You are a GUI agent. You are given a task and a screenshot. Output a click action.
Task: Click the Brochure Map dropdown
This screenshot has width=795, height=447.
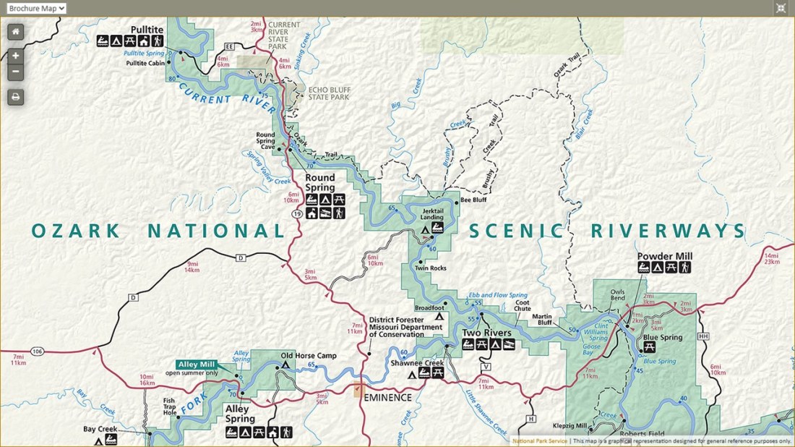click(36, 8)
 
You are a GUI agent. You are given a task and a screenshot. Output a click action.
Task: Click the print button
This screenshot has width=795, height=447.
click(16, 97)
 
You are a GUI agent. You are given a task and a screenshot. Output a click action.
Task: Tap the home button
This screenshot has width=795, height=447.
click(16, 32)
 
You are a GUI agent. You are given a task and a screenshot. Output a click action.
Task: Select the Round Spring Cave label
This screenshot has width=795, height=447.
click(265, 141)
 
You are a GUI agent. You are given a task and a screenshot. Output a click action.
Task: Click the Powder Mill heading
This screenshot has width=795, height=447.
click(664, 257)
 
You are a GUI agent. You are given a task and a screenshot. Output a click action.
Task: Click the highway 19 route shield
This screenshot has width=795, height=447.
click(298, 215)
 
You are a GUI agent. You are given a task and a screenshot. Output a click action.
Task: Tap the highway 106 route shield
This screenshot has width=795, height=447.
click(38, 352)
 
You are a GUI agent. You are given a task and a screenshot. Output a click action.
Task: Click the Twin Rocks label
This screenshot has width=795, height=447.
click(430, 268)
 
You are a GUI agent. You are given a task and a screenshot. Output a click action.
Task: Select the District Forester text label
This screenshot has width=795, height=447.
click(405, 326)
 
